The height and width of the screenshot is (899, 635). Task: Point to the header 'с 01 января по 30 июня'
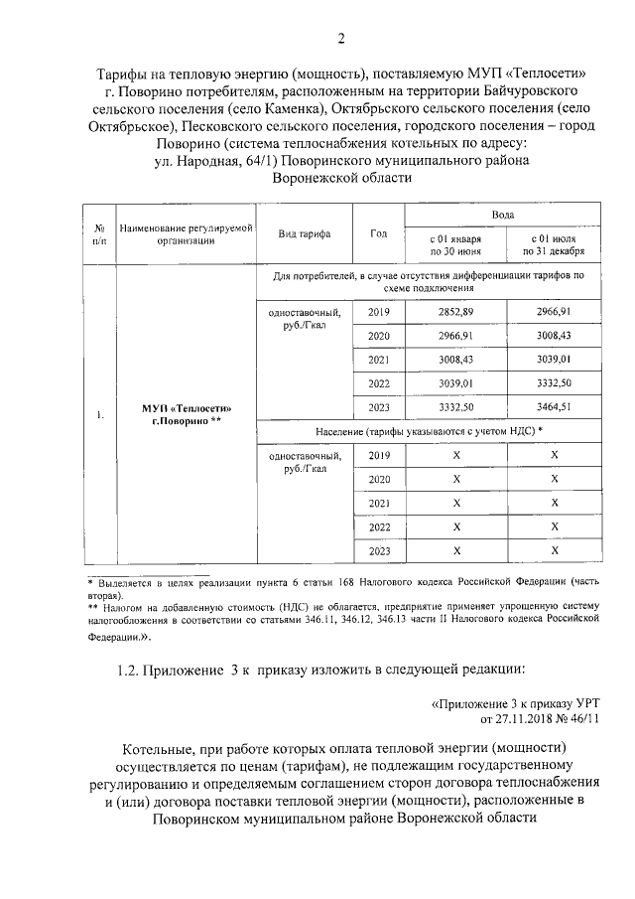point(455,245)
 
